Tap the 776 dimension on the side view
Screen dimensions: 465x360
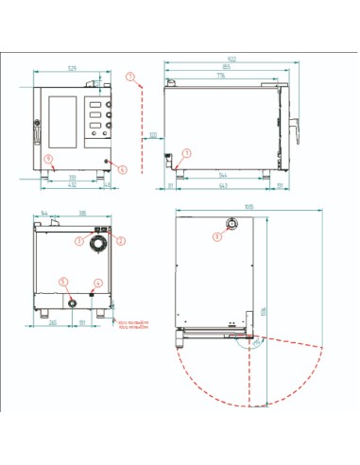click(x=220, y=76)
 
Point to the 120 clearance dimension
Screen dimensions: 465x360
click(x=151, y=135)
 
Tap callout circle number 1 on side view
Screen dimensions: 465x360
click(x=186, y=152)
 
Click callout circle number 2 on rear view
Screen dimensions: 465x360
click(x=120, y=240)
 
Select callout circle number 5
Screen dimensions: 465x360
click(x=62, y=282)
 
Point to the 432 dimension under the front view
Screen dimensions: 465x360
click(x=72, y=185)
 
